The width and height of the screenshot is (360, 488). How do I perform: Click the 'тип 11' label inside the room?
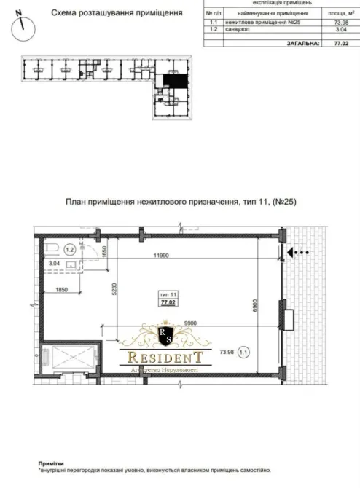tap(168, 294)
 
